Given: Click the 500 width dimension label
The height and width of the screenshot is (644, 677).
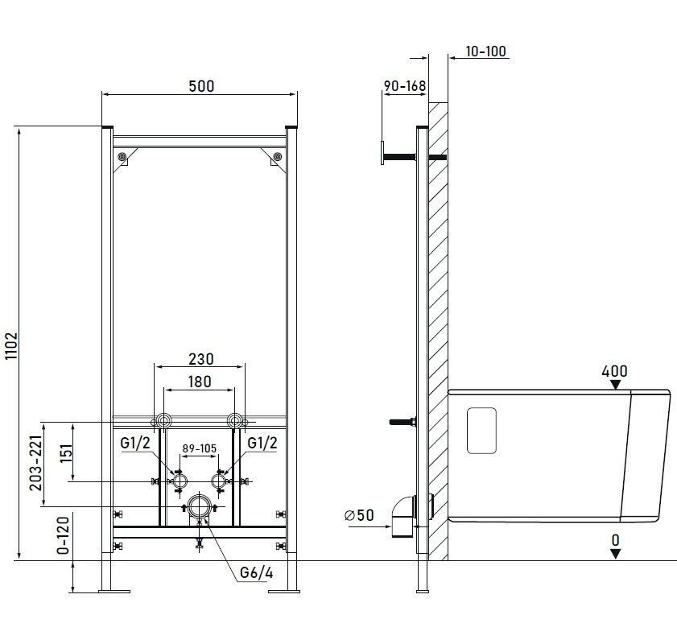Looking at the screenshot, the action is tap(201, 86).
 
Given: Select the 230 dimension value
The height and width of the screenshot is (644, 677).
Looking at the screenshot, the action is tap(201, 359).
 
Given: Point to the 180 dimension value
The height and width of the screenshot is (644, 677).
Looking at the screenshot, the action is tap(200, 382).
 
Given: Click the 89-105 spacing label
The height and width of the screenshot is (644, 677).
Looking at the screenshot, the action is tap(199, 448).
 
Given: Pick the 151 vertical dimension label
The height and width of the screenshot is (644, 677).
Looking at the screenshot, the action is tap(66, 452).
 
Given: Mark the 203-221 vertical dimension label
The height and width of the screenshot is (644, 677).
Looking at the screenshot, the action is tap(36, 463).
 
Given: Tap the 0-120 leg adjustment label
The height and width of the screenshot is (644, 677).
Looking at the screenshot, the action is tap(63, 535).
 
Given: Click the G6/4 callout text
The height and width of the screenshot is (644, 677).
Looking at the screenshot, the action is tap(257, 573).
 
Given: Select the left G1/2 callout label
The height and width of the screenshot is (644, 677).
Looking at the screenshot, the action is tap(135, 443).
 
